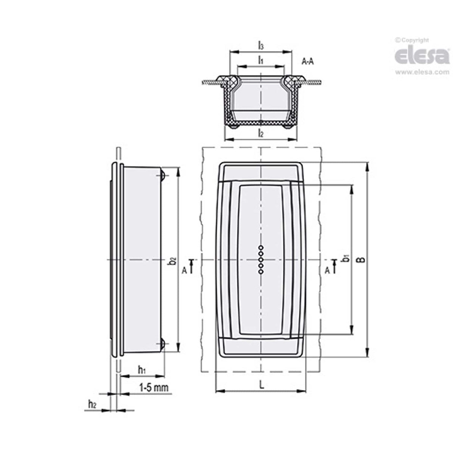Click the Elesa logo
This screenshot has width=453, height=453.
pos(422,55)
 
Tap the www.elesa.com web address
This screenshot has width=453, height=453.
pos(422,72)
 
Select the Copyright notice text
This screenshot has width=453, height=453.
pos(412,40)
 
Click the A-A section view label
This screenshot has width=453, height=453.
pos(307,62)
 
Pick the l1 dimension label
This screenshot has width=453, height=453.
pos(261,60)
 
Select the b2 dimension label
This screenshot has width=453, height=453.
pos(172,260)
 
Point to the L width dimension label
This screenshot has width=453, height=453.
pos(262,385)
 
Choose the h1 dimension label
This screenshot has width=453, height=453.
pos(142,370)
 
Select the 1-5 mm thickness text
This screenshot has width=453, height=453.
pos(153,388)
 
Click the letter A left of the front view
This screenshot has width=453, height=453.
pos(184,271)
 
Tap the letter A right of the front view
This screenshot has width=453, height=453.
pos(327,271)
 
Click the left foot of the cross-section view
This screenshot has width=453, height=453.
pos(234,127)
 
